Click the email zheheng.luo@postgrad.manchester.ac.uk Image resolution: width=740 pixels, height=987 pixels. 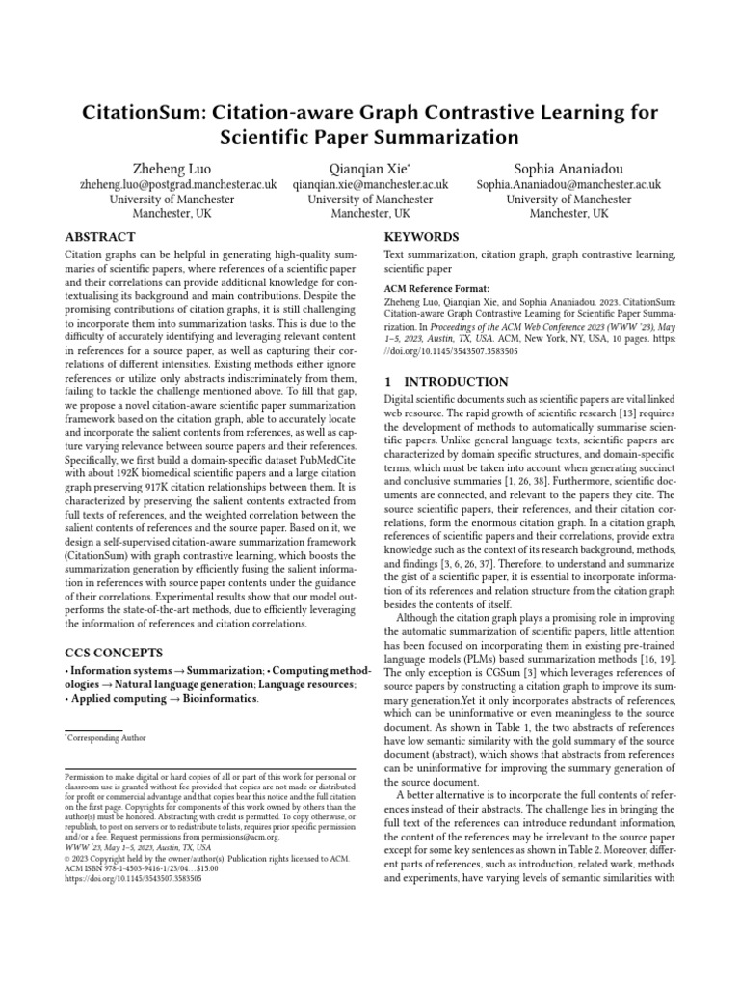tap(164, 183)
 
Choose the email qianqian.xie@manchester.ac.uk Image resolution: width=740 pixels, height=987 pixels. tap(370, 183)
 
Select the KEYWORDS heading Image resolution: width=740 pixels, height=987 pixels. tap(421, 237)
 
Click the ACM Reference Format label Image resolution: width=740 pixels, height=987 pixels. tap(436, 287)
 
